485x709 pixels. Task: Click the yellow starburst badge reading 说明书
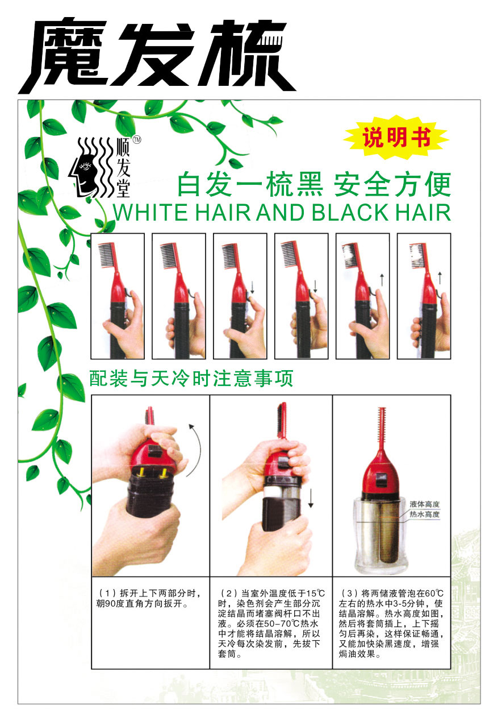pyautogui.click(x=397, y=138)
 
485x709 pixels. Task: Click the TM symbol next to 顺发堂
pyautogui.click(x=136, y=139)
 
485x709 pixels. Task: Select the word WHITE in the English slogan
pyautogui.click(x=150, y=212)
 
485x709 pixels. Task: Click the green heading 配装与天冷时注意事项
pyautogui.click(x=191, y=379)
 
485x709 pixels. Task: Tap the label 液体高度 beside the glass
pyautogui.click(x=425, y=504)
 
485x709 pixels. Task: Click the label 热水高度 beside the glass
pyautogui.click(x=425, y=514)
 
